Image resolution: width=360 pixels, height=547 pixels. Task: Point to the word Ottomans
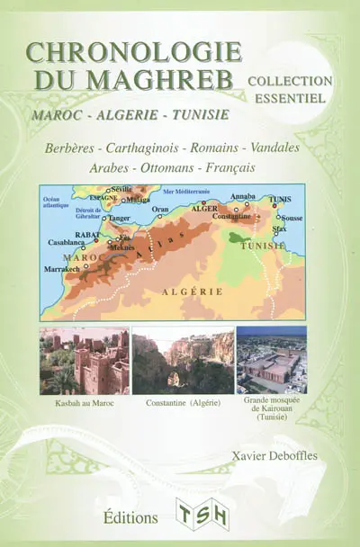tap(180, 167)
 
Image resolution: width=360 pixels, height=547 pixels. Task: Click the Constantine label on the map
tap(237, 217)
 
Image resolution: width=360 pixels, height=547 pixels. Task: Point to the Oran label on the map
tap(160, 209)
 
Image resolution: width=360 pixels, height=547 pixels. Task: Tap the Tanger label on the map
tap(121, 217)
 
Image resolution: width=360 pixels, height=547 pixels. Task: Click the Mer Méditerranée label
tap(186, 192)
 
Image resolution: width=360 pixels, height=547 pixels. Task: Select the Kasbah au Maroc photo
tap(84, 361)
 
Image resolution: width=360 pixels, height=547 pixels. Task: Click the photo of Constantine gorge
tap(183, 361)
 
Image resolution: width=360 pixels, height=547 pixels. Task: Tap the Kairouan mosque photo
tap(271, 360)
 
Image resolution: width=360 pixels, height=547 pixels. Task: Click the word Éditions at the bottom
tap(130, 518)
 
